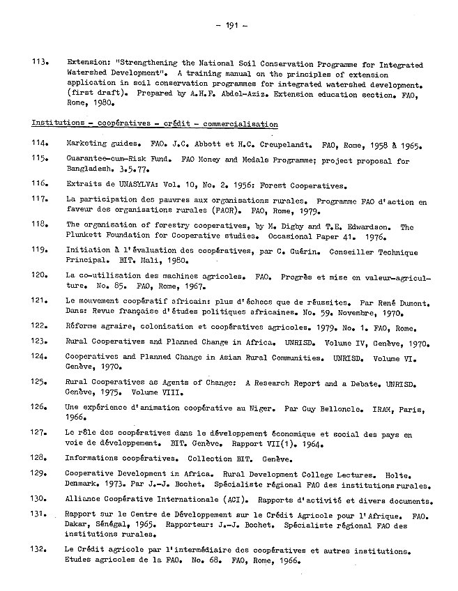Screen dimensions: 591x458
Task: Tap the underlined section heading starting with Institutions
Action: point(154,124)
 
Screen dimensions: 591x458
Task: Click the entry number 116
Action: point(40,186)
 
